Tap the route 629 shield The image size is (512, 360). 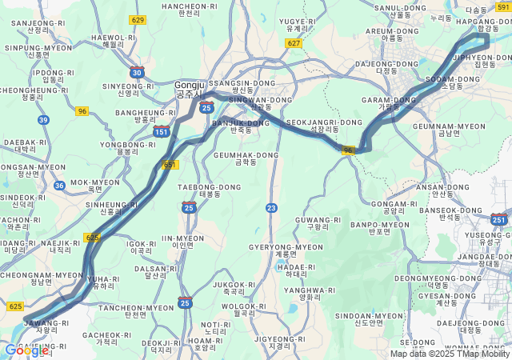[x=138, y=20]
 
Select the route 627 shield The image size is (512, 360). [x=294, y=43]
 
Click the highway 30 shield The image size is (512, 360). [x=138, y=73]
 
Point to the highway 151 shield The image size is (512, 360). [x=162, y=131]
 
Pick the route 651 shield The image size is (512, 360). [x=170, y=165]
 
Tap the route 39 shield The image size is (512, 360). [x=43, y=120]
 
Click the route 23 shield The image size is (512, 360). [x=271, y=208]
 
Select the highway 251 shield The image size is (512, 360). [x=499, y=219]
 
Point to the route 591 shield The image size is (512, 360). [x=502, y=7]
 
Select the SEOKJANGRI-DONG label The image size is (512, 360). [x=313, y=126]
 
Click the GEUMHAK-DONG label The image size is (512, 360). [x=246, y=158]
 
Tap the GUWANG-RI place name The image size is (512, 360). [x=318, y=222]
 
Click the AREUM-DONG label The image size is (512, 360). [x=392, y=34]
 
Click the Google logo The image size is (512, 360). [x=26, y=350]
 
